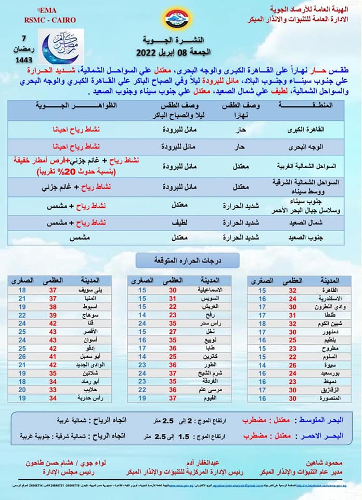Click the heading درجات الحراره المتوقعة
(x=180, y=259)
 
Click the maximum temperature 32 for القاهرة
(x=292, y=290)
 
